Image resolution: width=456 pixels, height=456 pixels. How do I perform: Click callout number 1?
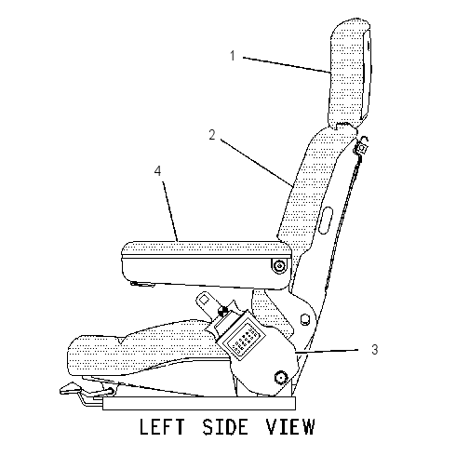pyautogui.click(x=233, y=56)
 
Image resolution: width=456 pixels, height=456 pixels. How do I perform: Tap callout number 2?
pyautogui.click(x=212, y=135)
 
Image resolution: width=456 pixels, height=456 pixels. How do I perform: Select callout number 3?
pyautogui.click(x=375, y=350)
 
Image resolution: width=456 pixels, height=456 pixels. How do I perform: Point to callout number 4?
pyautogui.click(x=158, y=171)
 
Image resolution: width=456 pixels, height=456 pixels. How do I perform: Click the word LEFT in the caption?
pyautogui.click(x=162, y=426)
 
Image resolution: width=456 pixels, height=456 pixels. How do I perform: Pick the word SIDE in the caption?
pyautogui.click(x=225, y=426)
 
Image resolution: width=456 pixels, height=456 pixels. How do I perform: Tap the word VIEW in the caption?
pyautogui.click(x=290, y=426)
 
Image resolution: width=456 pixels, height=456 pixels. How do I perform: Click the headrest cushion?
pyautogui.click(x=349, y=73)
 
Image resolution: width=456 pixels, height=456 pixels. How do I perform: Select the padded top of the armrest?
pyautogui.click(x=207, y=248)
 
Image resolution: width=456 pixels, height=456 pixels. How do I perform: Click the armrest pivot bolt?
pyautogui.click(x=280, y=266)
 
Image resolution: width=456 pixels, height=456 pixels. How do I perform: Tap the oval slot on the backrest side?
pyautogui.click(x=326, y=221)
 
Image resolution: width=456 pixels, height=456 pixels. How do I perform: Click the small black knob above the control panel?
pyautogui.click(x=222, y=311)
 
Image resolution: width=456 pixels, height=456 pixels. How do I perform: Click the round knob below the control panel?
pyautogui.click(x=281, y=378)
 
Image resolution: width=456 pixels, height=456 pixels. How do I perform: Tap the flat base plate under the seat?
pyautogui.click(x=199, y=403)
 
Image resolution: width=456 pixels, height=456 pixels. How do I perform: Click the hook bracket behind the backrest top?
pyautogui.click(x=362, y=146)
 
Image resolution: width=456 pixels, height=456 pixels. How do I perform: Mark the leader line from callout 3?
pyautogui.click(x=327, y=351)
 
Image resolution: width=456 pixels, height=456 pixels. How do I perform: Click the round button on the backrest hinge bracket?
pyautogui.click(x=305, y=319)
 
